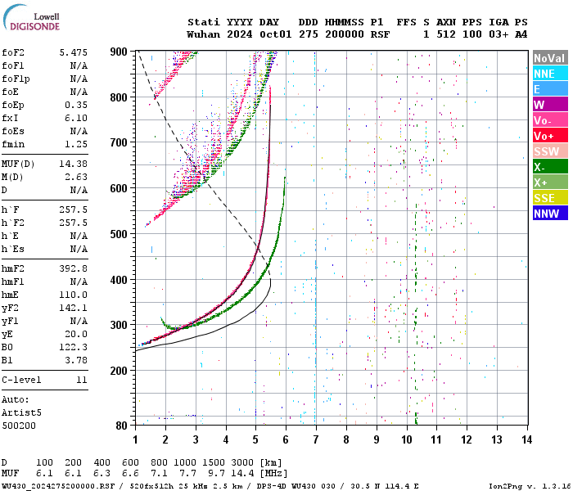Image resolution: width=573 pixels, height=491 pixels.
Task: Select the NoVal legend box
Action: [x=549, y=58]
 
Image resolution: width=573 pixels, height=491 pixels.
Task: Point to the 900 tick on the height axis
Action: [x=120, y=52]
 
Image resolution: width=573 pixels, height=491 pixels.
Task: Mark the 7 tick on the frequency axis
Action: [x=315, y=439]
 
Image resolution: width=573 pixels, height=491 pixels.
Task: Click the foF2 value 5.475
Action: [x=73, y=52]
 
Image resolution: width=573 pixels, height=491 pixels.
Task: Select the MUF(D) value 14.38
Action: [x=73, y=164]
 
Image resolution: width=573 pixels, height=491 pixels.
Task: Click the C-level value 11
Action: [x=81, y=380]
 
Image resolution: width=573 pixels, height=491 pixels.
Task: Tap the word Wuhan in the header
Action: [x=203, y=34]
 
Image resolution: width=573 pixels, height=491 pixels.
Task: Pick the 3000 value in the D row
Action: [x=246, y=463]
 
